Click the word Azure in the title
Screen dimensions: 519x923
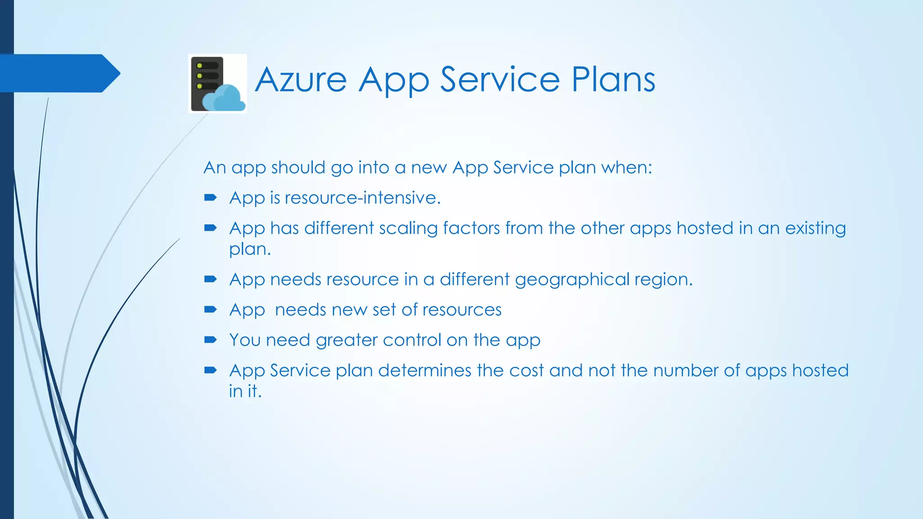coord(301,80)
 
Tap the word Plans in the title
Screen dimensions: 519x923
coord(613,80)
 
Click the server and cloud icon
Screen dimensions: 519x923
coord(217,84)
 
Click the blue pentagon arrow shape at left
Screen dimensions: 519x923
coord(59,73)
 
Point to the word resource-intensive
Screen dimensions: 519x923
coord(362,198)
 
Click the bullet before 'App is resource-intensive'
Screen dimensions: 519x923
coord(210,197)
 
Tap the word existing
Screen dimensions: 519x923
coord(815,228)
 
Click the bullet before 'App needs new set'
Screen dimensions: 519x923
coord(210,309)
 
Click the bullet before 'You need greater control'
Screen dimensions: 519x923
coord(210,340)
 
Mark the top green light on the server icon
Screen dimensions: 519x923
coord(200,66)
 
